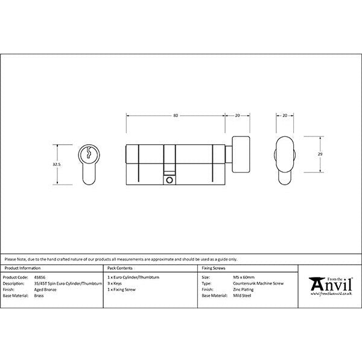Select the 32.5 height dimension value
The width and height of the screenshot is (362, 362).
pos(56,165)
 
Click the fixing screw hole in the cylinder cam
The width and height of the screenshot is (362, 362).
pos(169,179)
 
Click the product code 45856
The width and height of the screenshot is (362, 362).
pos(41,277)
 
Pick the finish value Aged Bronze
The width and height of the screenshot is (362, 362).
pos(46,288)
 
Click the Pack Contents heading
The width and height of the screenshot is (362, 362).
pos(119,267)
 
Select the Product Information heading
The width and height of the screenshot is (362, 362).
pos(22,267)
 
